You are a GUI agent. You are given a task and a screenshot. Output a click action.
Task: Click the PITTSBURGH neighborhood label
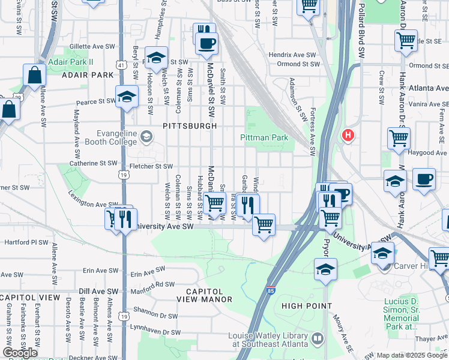189,127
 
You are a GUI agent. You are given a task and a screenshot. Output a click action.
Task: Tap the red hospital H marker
347,136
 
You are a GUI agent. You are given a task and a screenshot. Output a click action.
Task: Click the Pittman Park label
264,137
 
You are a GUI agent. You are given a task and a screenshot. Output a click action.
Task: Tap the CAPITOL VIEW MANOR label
204,299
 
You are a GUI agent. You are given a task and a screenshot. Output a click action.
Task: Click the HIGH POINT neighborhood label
307,306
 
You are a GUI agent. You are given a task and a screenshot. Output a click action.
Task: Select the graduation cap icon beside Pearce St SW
127,97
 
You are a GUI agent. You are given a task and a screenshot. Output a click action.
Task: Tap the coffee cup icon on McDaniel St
207,43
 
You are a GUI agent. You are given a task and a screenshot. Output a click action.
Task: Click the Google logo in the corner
20,353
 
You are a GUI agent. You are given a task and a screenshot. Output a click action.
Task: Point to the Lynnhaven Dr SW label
157,330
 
